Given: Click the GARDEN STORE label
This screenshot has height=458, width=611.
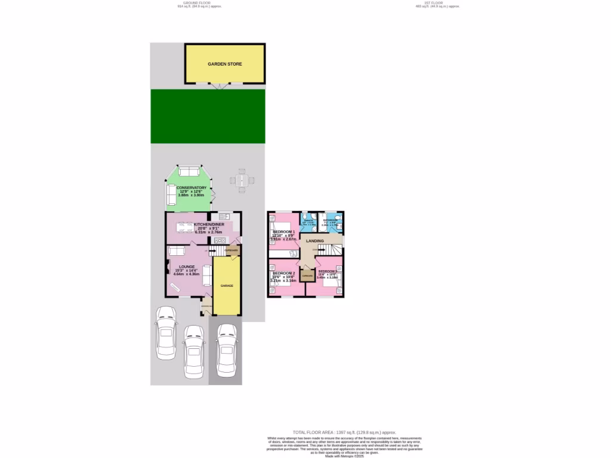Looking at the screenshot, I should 224,64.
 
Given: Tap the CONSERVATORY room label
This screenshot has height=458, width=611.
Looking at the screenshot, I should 192,188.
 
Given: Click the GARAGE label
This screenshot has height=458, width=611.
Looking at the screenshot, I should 227,286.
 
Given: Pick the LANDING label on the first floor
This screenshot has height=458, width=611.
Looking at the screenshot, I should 314,241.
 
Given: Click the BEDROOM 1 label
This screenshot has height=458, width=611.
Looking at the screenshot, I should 284,231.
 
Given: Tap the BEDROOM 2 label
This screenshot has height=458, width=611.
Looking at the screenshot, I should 283,274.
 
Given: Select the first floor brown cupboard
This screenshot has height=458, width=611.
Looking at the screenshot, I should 307,276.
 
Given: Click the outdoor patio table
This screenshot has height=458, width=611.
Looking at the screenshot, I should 241,180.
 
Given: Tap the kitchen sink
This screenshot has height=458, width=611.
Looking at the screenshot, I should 224,216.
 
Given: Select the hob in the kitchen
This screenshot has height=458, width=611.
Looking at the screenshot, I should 219,240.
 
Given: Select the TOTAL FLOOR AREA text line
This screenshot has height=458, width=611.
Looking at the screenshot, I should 344,432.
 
